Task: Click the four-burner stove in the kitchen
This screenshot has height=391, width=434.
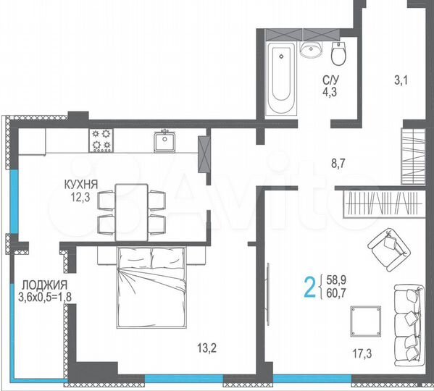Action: (101, 140)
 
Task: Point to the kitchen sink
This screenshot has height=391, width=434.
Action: (165, 141)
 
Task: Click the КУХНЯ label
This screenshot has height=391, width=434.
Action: (80, 185)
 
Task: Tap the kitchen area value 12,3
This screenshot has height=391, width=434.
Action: (80, 196)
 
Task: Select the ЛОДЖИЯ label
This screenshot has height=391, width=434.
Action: (44, 285)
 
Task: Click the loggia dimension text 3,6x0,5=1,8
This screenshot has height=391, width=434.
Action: (45, 295)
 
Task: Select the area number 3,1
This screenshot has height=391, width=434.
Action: (400, 81)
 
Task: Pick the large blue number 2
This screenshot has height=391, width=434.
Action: (309, 287)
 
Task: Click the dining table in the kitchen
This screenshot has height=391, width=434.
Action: (131, 209)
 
